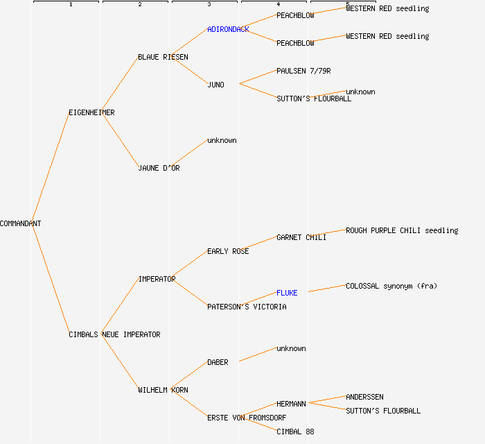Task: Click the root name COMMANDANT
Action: click(x=20, y=223)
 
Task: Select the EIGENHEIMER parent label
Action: click(x=91, y=112)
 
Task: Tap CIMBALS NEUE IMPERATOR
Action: click(x=114, y=334)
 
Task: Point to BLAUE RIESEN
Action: click(x=163, y=57)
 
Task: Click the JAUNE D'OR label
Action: click(x=159, y=168)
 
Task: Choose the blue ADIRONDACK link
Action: click(x=228, y=29)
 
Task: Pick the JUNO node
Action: click(x=215, y=85)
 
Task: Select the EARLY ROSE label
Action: click(x=228, y=251)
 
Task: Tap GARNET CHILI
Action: click(x=301, y=237)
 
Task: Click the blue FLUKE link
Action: click(x=287, y=293)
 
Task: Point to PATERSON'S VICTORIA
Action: click(x=247, y=307)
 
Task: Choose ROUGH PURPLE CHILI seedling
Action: click(x=402, y=230)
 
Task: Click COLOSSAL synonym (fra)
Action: click(x=391, y=286)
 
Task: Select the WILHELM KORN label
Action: click(x=163, y=390)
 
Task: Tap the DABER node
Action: click(x=218, y=362)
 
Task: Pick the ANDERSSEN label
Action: click(x=364, y=397)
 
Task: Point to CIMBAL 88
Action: click(x=295, y=432)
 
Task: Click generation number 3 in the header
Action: click(x=209, y=5)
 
